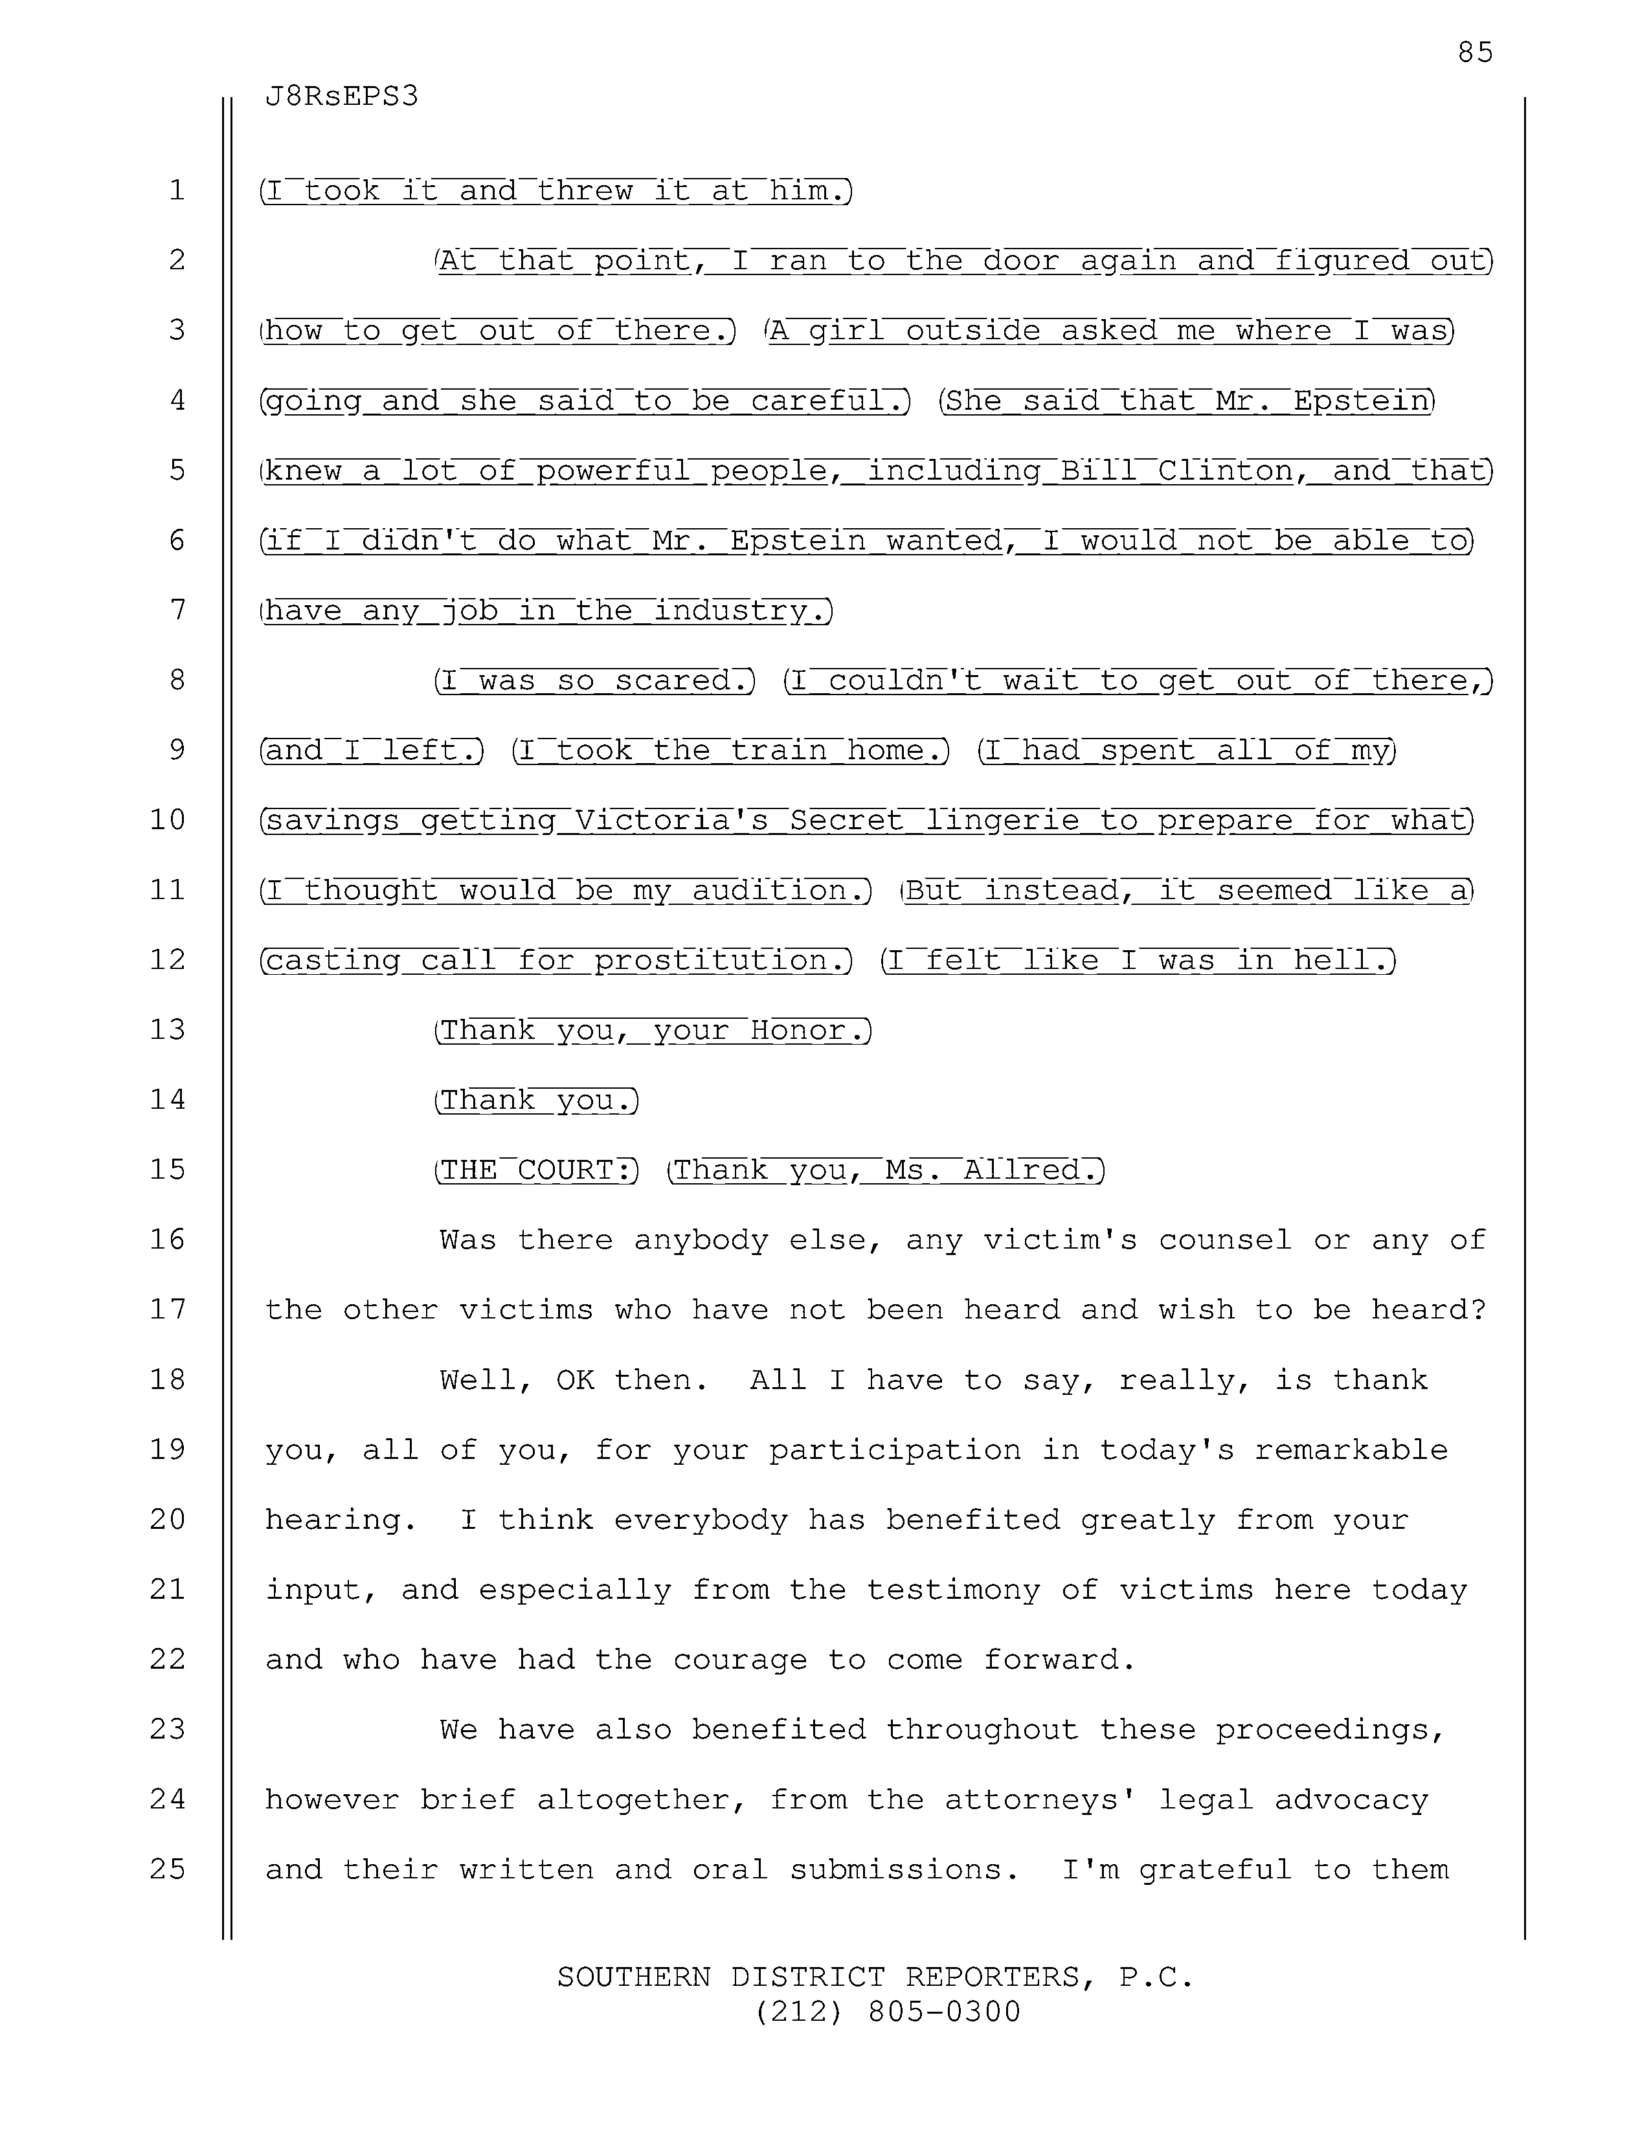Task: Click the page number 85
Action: tap(1475, 52)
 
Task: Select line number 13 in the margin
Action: tap(167, 1029)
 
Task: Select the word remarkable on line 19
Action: tap(1351, 1449)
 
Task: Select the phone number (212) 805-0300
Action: tap(887, 2011)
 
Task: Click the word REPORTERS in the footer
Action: tap(993, 1977)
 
